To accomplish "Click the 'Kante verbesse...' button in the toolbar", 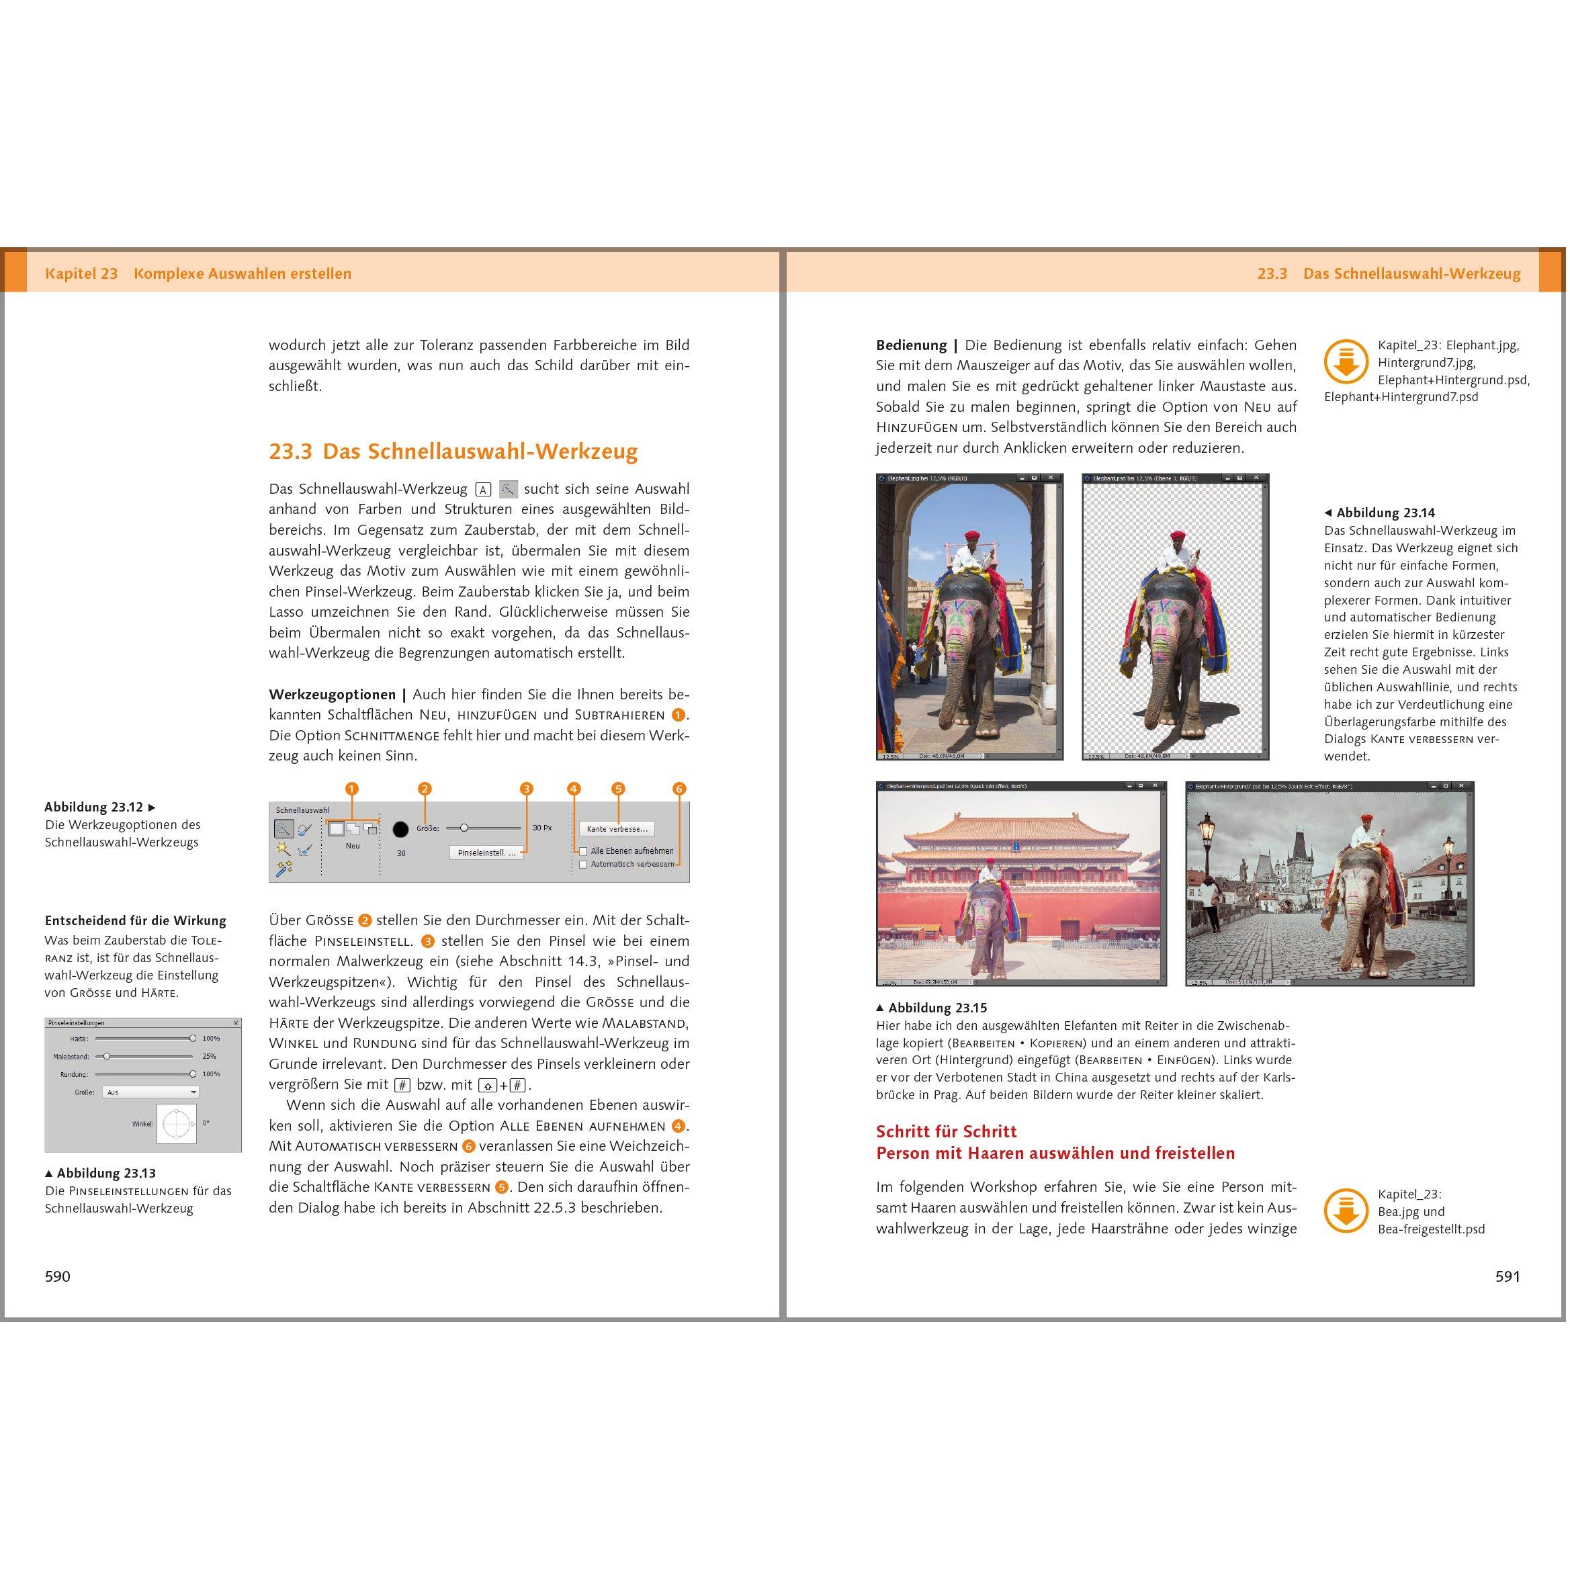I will point(617,829).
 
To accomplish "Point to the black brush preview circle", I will point(400,829).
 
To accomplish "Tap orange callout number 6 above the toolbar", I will point(679,788).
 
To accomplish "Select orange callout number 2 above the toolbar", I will point(424,788).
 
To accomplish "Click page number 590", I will point(58,1276).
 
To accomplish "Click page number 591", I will point(1508,1276).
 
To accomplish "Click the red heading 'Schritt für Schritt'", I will point(946,1131).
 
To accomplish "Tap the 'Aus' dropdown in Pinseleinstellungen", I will point(150,1092).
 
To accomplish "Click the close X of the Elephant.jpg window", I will point(1051,478).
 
